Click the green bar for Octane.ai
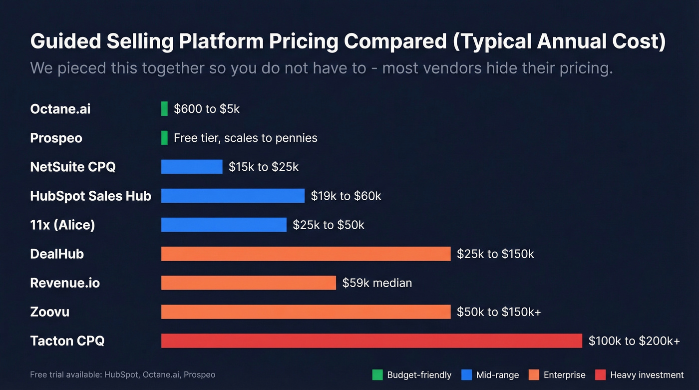click(x=164, y=109)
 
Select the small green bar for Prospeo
click(x=164, y=138)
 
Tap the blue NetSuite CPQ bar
click(x=192, y=167)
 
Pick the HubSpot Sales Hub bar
click(x=233, y=196)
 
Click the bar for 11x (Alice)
click(x=224, y=225)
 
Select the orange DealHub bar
click(x=306, y=254)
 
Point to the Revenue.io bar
click(x=248, y=283)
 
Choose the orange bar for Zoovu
click(x=306, y=312)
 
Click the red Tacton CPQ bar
click(x=371, y=341)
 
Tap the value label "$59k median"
click(x=377, y=283)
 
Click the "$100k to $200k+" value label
click(x=634, y=341)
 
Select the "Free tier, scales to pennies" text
click(x=245, y=138)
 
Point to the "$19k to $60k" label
click(x=346, y=196)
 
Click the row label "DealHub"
click(x=57, y=254)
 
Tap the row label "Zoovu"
click(x=49, y=312)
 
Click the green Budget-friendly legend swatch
click(x=377, y=375)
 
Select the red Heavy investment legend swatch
click(x=600, y=375)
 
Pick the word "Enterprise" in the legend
click(x=564, y=375)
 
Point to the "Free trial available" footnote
click(x=123, y=375)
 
